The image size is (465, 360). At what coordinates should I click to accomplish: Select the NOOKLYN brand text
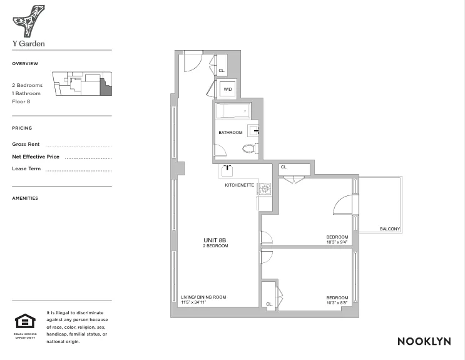(424, 341)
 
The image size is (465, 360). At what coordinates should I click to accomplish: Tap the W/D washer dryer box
(227, 90)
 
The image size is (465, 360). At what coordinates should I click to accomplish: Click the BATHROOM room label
(230, 133)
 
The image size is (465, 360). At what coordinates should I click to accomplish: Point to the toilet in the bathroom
(249, 149)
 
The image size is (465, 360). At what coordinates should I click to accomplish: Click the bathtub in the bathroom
(232, 112)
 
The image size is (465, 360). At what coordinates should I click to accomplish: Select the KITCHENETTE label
(240, 185)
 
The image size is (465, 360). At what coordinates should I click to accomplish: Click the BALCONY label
(390, 229)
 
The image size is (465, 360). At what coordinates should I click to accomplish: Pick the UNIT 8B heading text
(215, 240)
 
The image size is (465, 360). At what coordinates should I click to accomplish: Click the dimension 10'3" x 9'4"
(337, 242)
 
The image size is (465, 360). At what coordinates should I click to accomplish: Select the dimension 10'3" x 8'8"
(337, 302)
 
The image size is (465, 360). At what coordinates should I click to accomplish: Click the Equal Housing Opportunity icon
(26, 322)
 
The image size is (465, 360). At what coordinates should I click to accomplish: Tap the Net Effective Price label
(36, 157)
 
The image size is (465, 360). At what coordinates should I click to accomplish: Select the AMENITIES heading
(25, 198)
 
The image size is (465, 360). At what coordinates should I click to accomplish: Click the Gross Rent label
(26, 144)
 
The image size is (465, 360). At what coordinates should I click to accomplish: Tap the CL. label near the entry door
(222, 71)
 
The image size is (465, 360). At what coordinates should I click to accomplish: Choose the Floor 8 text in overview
(21, 101)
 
